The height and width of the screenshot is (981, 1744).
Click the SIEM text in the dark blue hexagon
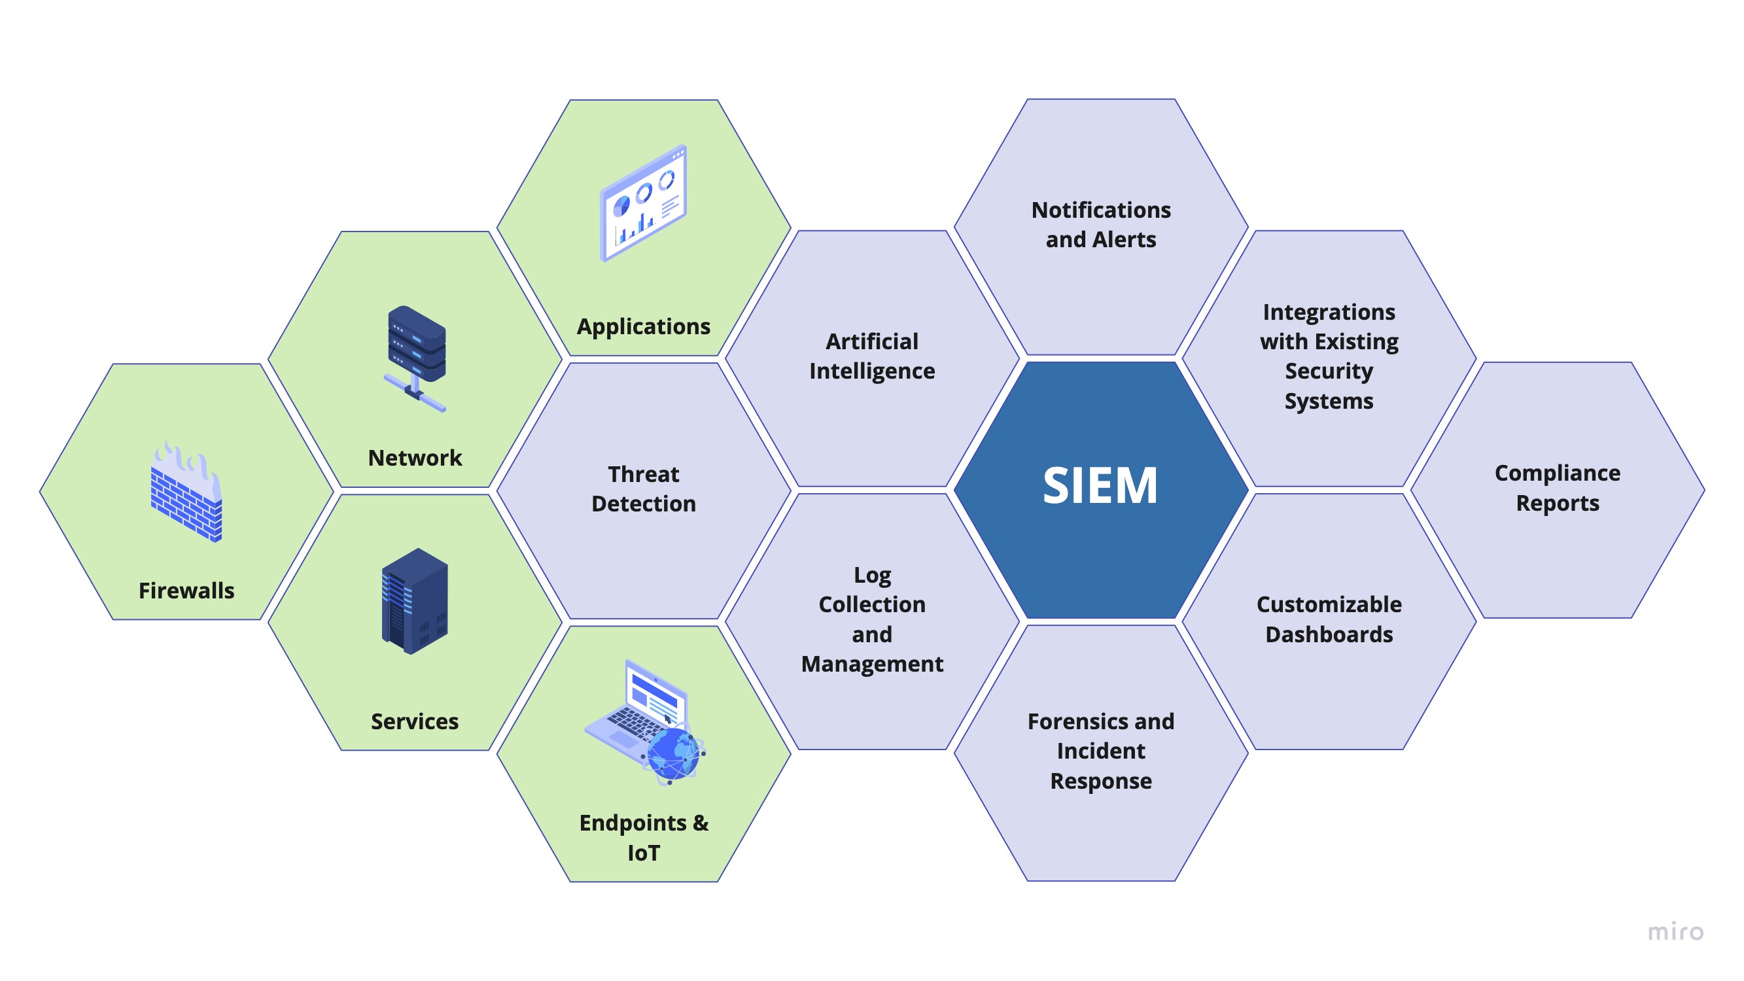1100,485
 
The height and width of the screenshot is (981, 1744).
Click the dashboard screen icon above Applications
643,203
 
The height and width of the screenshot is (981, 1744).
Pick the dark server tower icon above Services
414,600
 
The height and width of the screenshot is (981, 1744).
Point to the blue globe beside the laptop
672,753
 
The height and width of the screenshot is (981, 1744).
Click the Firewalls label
186,591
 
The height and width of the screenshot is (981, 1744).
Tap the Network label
414,458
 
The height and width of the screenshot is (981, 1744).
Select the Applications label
643,326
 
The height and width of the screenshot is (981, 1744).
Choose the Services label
414,721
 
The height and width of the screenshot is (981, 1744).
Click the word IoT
643,852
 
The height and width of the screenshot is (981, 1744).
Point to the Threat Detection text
643,489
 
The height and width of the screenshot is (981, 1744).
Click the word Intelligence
872,371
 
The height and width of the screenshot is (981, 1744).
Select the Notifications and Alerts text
1101,224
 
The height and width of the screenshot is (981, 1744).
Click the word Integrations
1329,311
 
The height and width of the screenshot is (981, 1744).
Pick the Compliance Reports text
1557,487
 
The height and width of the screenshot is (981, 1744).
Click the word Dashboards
1329,634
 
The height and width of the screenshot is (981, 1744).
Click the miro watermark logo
1675,932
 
